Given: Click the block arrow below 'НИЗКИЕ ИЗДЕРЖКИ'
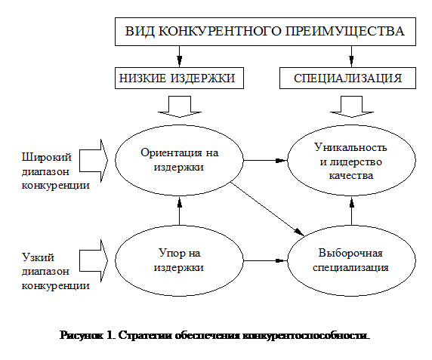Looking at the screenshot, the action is coord(180,106).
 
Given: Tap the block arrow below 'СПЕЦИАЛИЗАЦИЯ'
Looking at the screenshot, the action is coord(352,106).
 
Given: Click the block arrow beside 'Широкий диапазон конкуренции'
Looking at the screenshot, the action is coord(94,161).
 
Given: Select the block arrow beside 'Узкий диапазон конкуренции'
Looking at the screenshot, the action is coord(94,260).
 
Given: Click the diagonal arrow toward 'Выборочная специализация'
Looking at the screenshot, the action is coord(267,209).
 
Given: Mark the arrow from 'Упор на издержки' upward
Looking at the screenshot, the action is coord(180,211).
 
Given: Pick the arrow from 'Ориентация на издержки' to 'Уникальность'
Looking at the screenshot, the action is coord(265,160).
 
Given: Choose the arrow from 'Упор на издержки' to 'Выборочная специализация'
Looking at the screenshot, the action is coord(265,260).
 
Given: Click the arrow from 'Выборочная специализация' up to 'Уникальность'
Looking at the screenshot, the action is coord(352,211).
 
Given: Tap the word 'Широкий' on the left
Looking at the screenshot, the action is coord(47,158).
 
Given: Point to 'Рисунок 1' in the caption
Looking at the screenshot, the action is coord(88,336).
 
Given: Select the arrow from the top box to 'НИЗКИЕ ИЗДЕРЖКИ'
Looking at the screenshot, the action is coord(180,57).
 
